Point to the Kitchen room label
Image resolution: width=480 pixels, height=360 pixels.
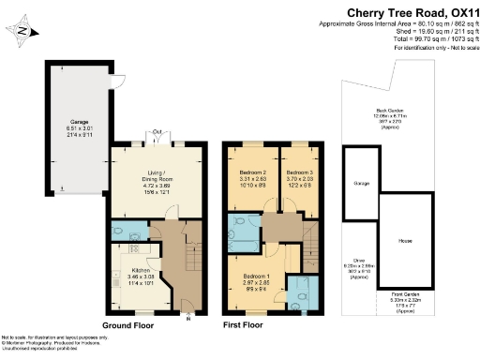pyautogui.click(x=130, y=276)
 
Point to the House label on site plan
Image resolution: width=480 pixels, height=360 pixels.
pyautogui.click(x=404, y=240)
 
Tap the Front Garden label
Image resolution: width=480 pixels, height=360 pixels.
pyautogui.click(x=405, y=302)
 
